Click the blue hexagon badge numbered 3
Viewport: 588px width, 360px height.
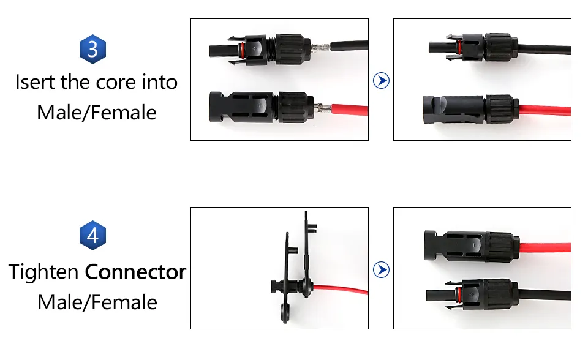pos(93,49)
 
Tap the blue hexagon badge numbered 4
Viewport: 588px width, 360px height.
pos(93,235)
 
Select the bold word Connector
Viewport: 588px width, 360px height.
pos(135,271)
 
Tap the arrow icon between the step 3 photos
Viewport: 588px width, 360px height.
pos(382,80)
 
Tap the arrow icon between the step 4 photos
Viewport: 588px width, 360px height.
pos(382,269)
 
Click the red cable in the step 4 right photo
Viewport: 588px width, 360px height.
pos(545,248)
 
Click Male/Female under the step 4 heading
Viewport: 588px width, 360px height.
pos(97,302)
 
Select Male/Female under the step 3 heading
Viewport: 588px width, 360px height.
pos(97,113)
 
